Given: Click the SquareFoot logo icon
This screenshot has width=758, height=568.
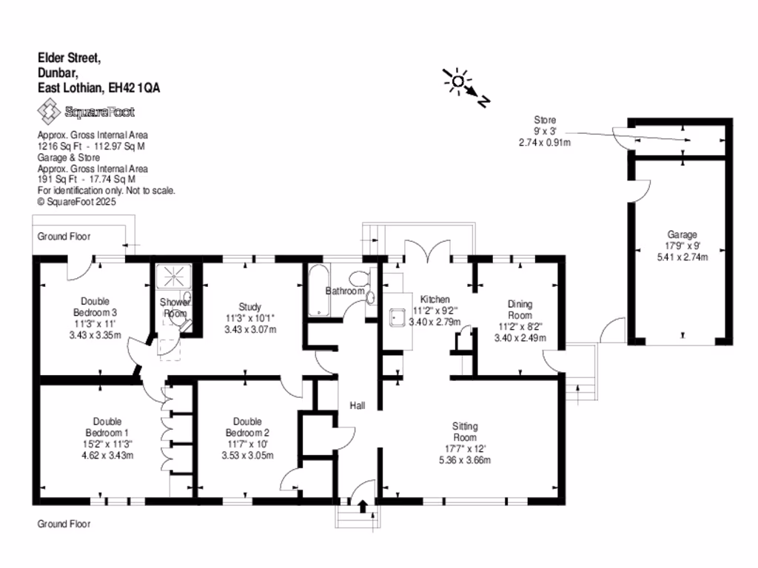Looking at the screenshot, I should (50, 112).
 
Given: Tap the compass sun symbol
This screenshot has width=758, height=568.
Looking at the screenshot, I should (457, 81).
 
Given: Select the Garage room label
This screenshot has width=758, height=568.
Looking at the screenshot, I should (680, 235).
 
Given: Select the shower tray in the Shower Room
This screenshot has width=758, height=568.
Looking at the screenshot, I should (173, 277).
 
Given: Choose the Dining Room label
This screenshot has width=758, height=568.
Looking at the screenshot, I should (520, 309).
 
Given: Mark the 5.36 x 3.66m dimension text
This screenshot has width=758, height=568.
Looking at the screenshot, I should (466, 460).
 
